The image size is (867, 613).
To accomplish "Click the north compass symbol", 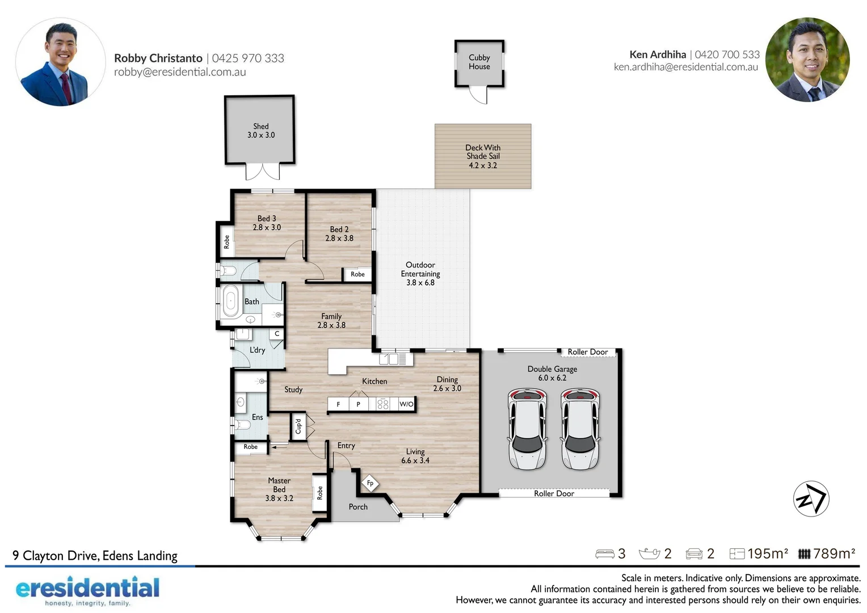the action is point(811,499).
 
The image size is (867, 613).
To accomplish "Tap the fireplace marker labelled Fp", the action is point(370,483).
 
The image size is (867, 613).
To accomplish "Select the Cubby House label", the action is point(479,62).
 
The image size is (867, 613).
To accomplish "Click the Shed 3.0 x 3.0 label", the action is point(261,131).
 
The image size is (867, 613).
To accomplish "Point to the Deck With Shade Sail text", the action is point(483,152).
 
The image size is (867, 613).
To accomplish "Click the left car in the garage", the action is point(527,429).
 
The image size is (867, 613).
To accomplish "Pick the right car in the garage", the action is point(580,429).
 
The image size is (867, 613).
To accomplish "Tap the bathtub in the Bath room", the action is point(230,301).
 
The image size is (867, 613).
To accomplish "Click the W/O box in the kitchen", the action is point(406,404).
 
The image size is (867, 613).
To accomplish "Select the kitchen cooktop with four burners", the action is point(383,404).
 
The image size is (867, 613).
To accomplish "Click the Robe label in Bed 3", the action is point(226,242).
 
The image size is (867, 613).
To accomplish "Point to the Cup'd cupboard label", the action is point(298,426).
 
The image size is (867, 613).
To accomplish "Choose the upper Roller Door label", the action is point(587,352).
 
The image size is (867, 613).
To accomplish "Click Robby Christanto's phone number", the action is point(248,58).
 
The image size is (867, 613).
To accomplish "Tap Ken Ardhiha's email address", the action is point(686,67).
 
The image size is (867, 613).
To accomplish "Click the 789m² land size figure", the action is point(834,554).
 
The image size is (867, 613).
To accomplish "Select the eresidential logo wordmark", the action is point(87,588).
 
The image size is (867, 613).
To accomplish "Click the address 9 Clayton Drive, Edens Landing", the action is point(95,556).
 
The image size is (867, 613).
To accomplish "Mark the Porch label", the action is point(358,506).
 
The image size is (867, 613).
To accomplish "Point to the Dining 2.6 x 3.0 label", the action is point(447,384).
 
